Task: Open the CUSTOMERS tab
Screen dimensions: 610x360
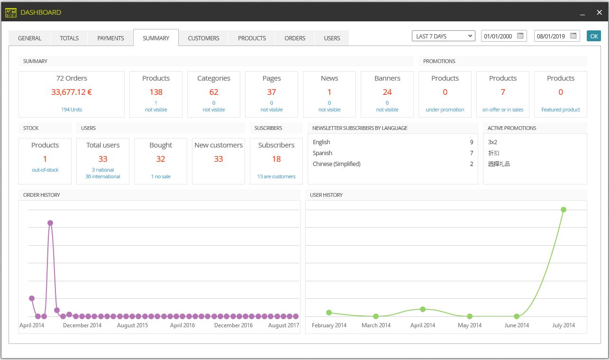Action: tap(203, 38)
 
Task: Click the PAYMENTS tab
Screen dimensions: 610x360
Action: tap(110, 38)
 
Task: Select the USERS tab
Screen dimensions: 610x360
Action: tap(332, 38)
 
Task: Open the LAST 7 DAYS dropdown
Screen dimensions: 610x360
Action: tap(443, 36)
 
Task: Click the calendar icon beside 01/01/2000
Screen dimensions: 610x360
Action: tap(520, 36)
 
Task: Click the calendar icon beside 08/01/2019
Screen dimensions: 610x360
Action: tap(573, 36)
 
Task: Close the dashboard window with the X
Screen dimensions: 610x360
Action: tap(599, 12)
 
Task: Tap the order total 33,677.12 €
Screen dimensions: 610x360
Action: tap(72, 92)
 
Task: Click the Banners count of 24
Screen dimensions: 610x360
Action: tap(387, 92)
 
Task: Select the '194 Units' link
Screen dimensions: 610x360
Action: tap(72, 110)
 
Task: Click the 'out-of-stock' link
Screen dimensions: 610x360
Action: tap(45, 170)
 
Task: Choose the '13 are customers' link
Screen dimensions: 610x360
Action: tap(276, 176)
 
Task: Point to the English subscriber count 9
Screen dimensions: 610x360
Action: tap(472, 142)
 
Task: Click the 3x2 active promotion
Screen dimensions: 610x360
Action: tap(492, 142)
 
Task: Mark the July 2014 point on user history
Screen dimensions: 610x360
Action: tap(564, 210)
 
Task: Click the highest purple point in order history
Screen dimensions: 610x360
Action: tap(50, 223)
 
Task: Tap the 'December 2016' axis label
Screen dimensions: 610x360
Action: tap(233, 325)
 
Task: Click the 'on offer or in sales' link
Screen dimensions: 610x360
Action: tap(503, 110)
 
